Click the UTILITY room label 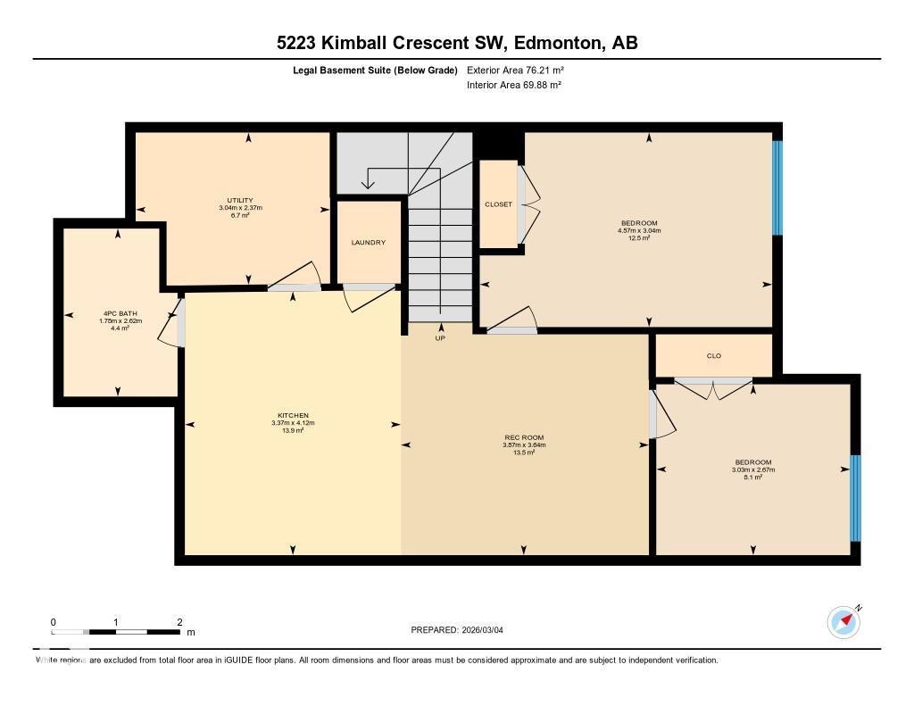tap(240, 200)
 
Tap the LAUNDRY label tap(368, 242)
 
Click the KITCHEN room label tap(293, 415)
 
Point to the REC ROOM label tap(524, 437)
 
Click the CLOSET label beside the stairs tap(498, 204)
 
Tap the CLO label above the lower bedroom tap(713, 355)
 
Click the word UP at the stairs tap(440, 338)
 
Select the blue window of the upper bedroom tap(777, 187)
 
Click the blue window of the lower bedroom tap(854, 498)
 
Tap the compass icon tap(843, 621)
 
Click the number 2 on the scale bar tap(179, 622)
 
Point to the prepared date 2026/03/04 tap(487, 630)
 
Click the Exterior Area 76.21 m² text tap(515, 70)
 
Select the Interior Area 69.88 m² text tap(513, 85)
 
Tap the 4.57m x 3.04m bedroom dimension tap(639, 230)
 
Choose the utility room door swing tap(297, 277)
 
